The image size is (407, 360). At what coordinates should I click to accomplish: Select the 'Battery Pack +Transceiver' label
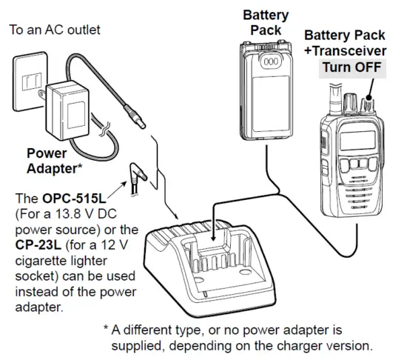(345, 42)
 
